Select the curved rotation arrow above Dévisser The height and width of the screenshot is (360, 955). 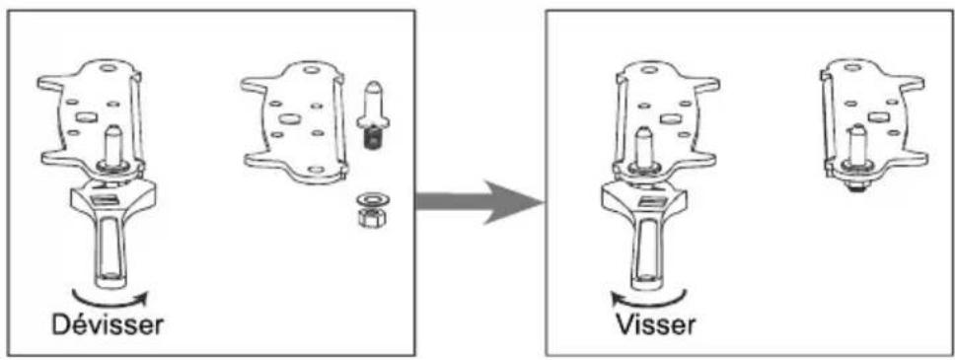[x=110, y=293]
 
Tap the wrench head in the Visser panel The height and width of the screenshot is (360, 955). [x=646, y=197]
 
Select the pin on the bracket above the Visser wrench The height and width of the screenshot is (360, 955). [x=645, y=148]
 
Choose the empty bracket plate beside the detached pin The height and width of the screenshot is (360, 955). [x=291, y=123]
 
